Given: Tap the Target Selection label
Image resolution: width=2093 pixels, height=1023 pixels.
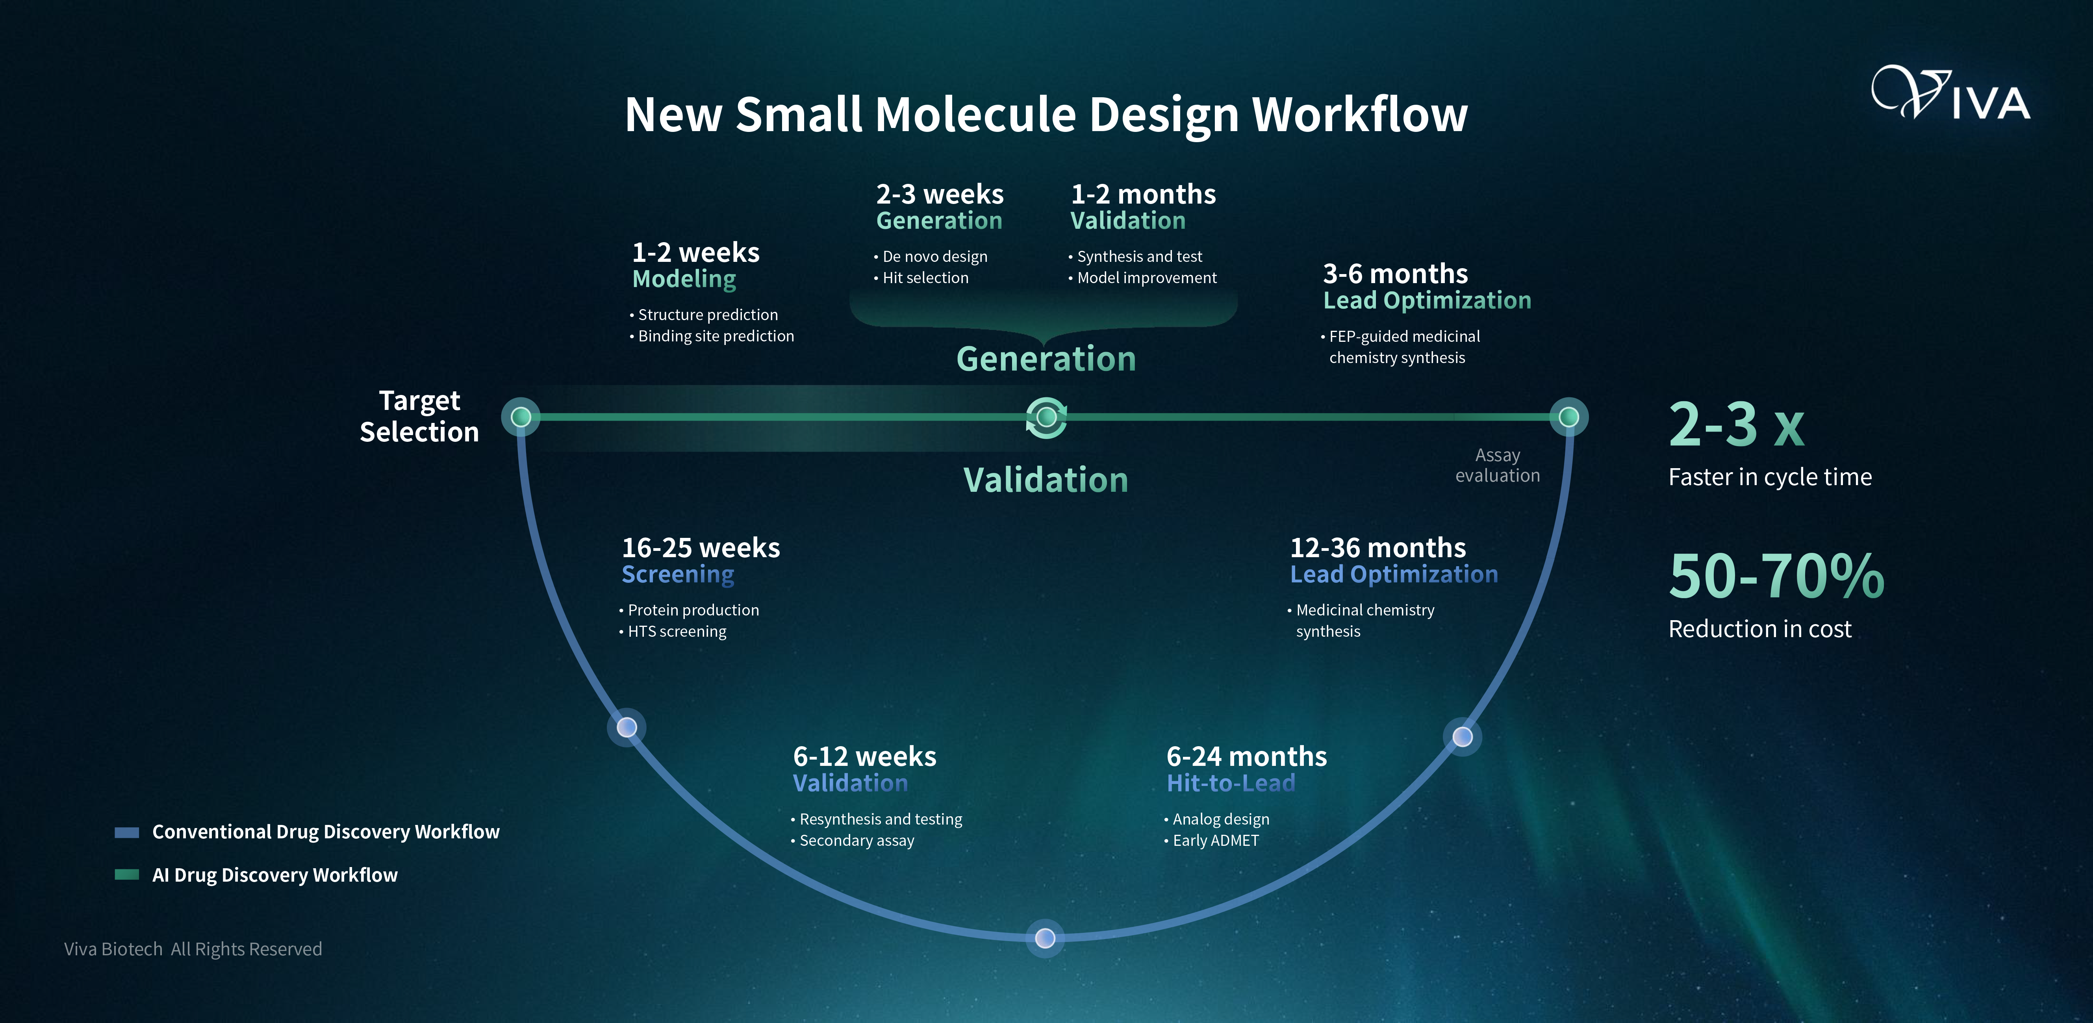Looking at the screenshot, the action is tap(419, 416).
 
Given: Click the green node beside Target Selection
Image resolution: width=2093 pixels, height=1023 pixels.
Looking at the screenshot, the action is tap(521, 417).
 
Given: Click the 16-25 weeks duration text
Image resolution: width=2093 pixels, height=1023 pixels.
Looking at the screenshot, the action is tap(701, 548).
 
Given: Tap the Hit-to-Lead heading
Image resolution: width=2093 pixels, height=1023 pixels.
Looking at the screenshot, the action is tap(1231, 783).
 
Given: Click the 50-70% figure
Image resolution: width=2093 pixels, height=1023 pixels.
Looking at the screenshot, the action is tap(1776, 576).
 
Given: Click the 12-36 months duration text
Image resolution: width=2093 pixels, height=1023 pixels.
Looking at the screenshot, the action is tap(1378, 548).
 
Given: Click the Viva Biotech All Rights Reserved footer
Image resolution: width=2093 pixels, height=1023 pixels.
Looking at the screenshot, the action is tap(193, 949).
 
